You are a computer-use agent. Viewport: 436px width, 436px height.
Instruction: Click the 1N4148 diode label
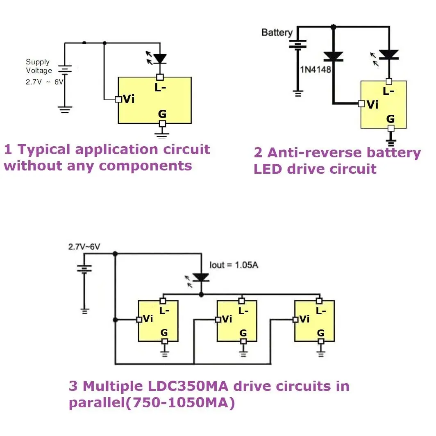point(316,70)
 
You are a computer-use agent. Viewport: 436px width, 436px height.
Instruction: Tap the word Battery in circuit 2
point(277,33)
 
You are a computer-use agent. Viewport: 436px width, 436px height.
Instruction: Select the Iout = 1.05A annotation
point(234,265)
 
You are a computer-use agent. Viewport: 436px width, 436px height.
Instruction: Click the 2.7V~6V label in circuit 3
point(84,247)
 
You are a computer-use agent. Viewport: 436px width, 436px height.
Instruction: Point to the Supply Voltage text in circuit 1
point(39,66)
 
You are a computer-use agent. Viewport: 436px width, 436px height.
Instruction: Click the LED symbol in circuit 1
point(157,58)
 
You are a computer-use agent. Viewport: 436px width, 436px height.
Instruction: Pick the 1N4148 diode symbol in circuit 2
point(334,57)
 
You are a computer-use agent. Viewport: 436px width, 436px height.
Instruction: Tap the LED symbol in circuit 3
point(198,279)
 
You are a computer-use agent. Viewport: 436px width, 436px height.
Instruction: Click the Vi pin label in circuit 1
point(129,99)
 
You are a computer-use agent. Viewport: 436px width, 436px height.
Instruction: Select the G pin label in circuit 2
point(391,119)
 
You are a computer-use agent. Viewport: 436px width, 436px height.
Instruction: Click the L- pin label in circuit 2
point(388,91)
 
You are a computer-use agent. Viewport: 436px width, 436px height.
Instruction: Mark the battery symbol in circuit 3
point(84,269)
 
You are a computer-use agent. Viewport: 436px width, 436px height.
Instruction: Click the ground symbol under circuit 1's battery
point(65,109)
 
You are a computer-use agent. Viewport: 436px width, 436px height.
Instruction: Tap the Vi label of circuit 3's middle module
point(227,319)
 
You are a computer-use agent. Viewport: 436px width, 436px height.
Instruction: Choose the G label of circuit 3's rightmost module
point(320,333)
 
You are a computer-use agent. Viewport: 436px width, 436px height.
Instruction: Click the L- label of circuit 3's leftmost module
point(164,311)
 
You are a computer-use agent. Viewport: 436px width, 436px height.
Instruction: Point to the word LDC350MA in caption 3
point(188,386)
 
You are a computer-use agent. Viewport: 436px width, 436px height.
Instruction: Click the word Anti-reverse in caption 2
point(314,153)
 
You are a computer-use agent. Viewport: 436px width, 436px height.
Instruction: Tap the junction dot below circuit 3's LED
point(201,295)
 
